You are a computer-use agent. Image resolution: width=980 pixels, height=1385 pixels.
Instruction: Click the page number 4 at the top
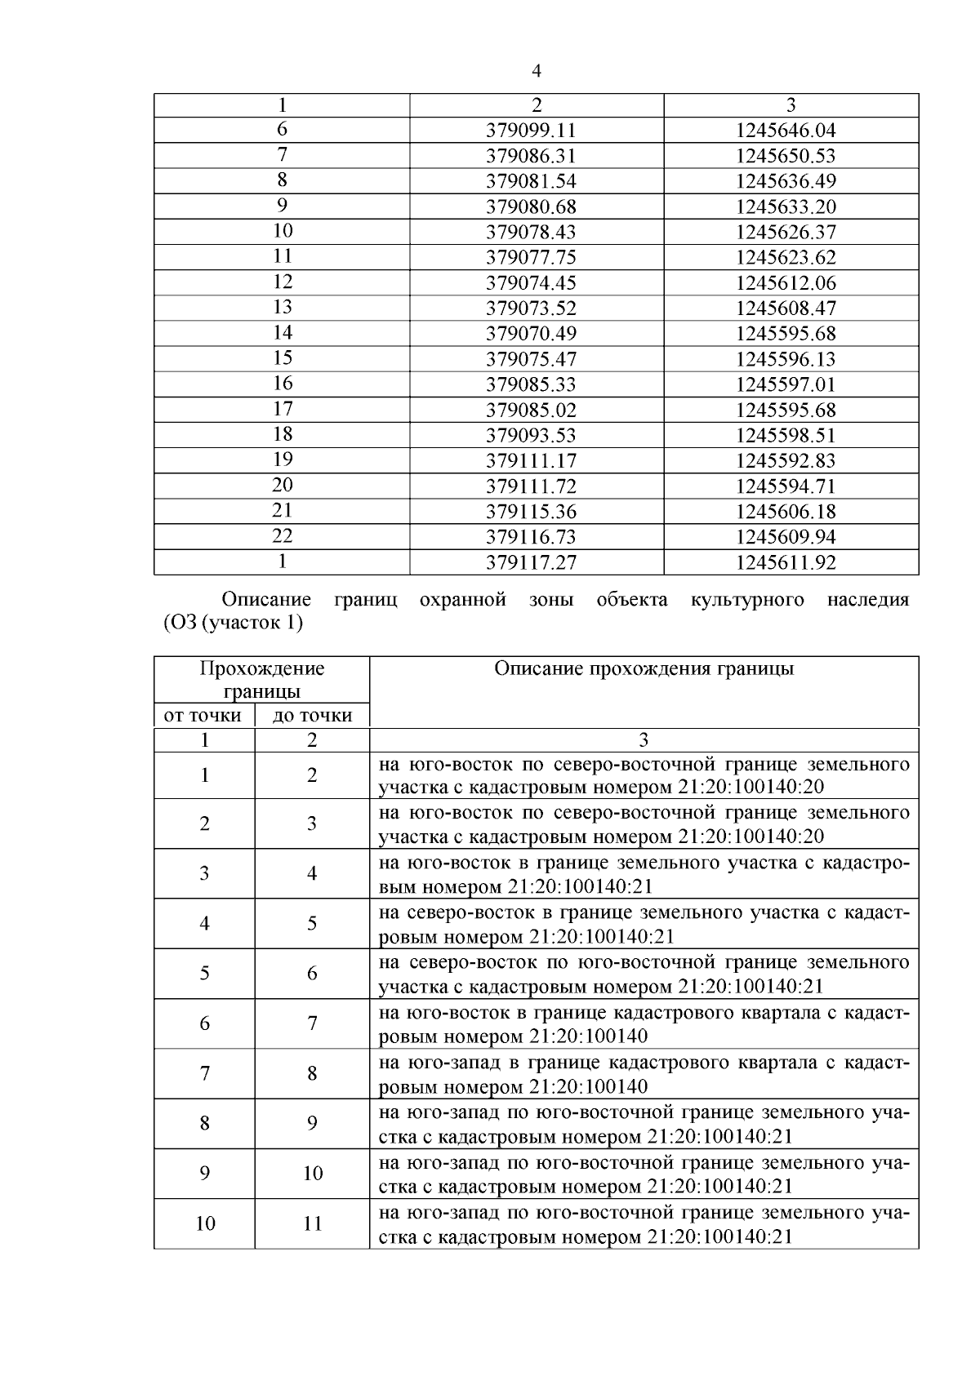coord(537,71)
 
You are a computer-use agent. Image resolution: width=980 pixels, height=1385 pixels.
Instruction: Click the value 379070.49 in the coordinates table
coord(531,334)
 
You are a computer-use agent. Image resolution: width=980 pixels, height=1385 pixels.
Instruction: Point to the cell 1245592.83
coord(786,461)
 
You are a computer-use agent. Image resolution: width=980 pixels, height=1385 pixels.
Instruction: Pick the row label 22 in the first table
coord(282,536)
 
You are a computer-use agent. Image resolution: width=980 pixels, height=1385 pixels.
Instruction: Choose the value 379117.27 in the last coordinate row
coord(531,563)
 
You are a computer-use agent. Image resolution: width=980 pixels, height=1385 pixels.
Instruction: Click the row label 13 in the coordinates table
coord(282,308)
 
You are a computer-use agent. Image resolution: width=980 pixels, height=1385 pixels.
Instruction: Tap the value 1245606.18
coord(786,512)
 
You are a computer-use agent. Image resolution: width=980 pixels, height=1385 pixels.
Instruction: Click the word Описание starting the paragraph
coord(266,601)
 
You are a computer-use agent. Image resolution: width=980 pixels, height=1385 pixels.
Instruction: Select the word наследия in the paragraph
coord(867,601)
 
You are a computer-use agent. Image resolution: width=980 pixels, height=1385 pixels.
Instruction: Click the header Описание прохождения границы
coord(644,669)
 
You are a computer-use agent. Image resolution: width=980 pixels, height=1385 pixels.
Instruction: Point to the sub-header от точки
coord(203,716)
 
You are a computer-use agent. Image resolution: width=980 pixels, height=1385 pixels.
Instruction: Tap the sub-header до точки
coord(312,716)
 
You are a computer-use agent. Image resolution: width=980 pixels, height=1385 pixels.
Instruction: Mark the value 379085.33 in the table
coord(531,384)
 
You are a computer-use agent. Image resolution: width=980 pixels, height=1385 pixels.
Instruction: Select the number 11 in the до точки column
coord(312,1223)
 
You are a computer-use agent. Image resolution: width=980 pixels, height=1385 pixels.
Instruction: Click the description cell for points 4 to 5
coord(644,924)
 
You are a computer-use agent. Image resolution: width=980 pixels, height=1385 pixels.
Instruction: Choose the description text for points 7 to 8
coord(644,1074)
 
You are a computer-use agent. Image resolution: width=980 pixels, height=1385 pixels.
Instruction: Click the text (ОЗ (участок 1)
coord(234,624)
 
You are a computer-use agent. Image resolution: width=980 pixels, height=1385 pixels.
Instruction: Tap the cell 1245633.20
coord(786,206)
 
